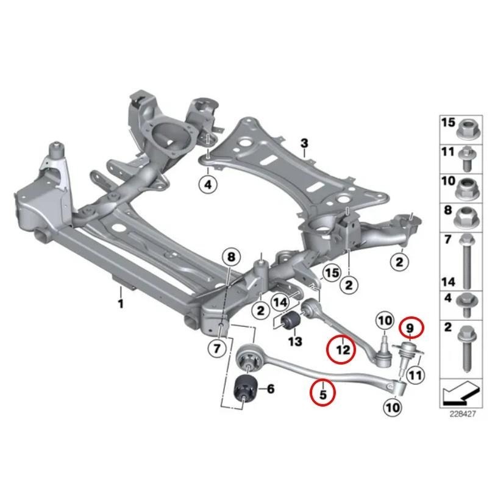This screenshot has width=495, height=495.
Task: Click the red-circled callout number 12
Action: click(343, 349)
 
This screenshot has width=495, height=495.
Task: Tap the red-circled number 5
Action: click(322, 394)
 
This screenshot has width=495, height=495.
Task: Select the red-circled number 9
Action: click(410, 328)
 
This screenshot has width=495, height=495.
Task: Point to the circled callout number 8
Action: click(231, 257)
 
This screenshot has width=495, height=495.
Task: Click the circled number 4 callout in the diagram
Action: click(208, 184)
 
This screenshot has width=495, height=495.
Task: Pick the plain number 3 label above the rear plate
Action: click(304, 143)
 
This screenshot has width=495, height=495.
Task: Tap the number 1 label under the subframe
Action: click(120, 304)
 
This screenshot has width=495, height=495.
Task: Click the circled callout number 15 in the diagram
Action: click(332, 273)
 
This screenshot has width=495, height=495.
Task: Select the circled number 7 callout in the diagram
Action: click(216, 349)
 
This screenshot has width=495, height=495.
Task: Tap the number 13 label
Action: click(294, 341)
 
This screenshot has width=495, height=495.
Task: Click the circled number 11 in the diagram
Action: click(415, 376)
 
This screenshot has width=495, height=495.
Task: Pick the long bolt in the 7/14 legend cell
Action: click(467, 262)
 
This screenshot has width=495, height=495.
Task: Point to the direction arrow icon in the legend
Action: click(461, 393)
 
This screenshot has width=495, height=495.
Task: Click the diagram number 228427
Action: click(462, 414)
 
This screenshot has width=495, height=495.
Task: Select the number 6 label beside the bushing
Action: click(271, 389)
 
